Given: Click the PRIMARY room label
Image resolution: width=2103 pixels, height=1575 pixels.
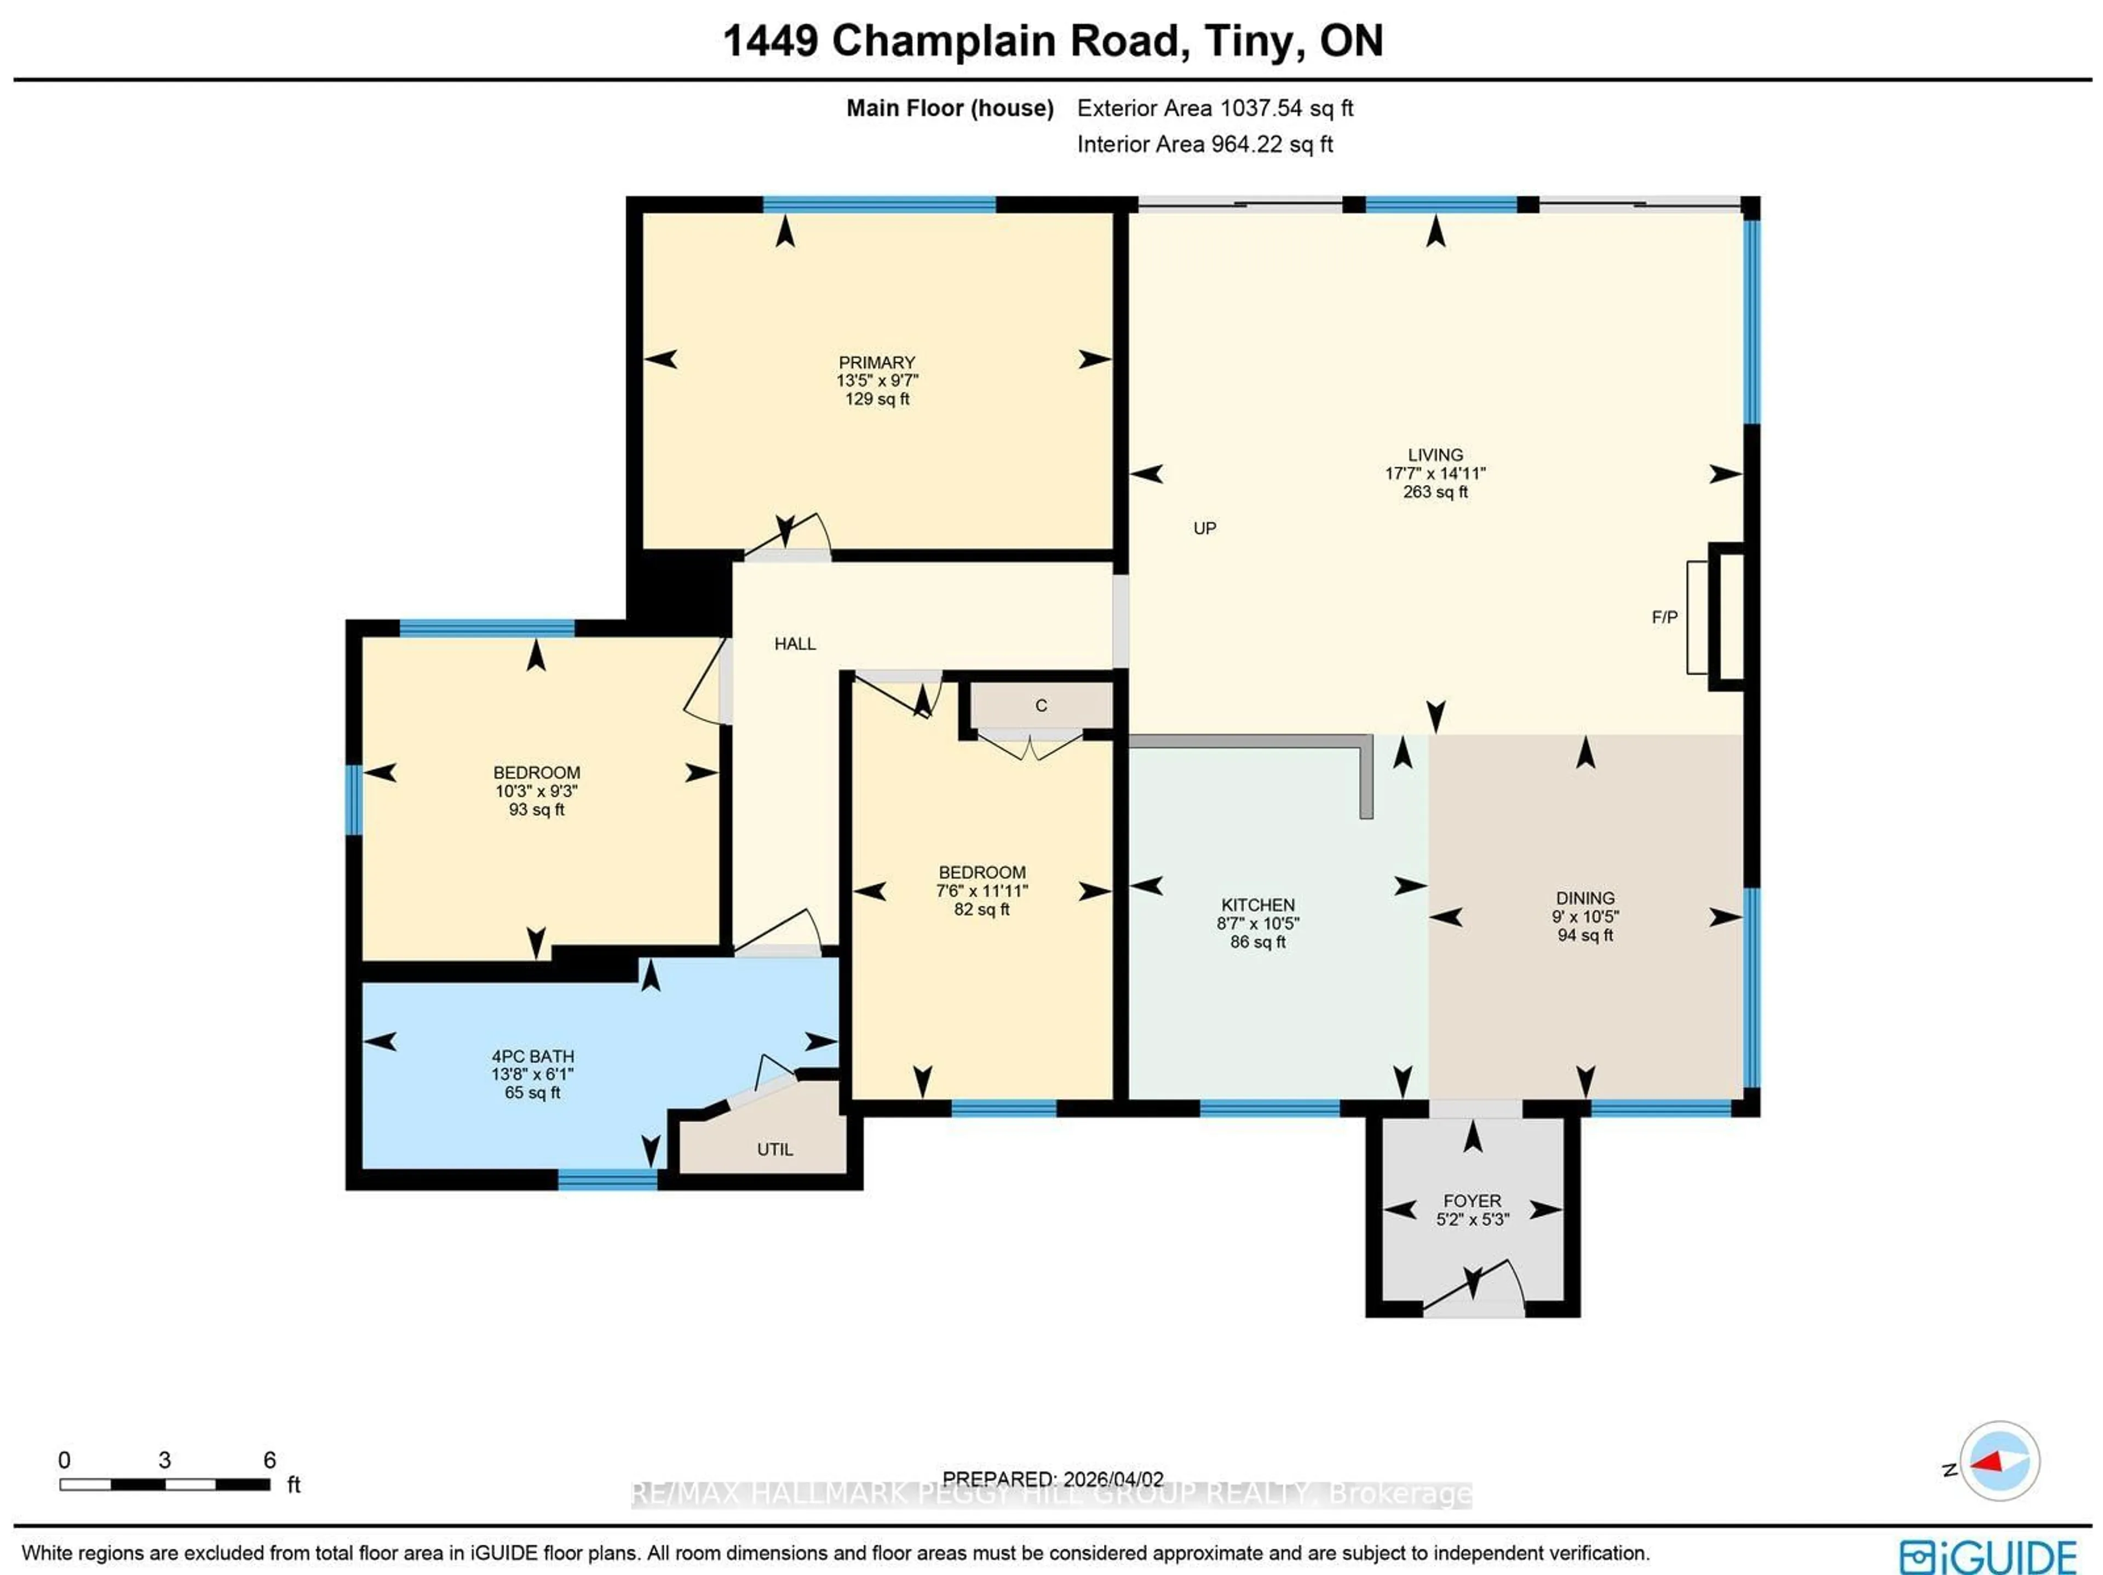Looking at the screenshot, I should pos(877,362).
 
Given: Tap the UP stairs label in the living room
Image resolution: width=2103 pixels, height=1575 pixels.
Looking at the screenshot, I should pos(1204,528).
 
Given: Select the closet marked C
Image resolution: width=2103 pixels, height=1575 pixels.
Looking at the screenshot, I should pos(1041,706).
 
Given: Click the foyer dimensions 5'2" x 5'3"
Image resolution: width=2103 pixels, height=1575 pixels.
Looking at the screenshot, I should pos(1472,1219).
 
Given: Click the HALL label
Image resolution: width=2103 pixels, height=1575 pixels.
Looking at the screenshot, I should pos(795,644).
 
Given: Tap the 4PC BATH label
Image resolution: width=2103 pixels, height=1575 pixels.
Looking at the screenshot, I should pos(532,1056).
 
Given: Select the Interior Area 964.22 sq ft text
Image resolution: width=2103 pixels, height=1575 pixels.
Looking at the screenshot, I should pos(1204,145).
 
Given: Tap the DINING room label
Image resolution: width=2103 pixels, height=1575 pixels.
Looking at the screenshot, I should pos(1585,898).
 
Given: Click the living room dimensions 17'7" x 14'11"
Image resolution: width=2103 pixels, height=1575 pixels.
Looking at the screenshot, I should pos(1435,473).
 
